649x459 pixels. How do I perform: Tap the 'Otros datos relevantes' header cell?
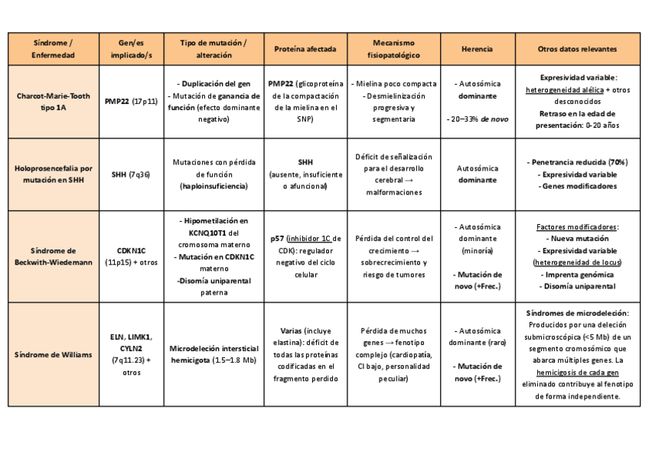point(577,49)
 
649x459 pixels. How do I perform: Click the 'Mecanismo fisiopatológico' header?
point(393,49)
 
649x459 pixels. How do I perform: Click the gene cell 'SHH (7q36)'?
point(131,174)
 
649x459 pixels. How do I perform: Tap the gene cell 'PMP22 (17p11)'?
point(131,102)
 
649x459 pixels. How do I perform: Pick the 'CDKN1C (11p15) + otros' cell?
point(131,256)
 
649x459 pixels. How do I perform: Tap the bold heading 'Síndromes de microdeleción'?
point(578,313)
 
